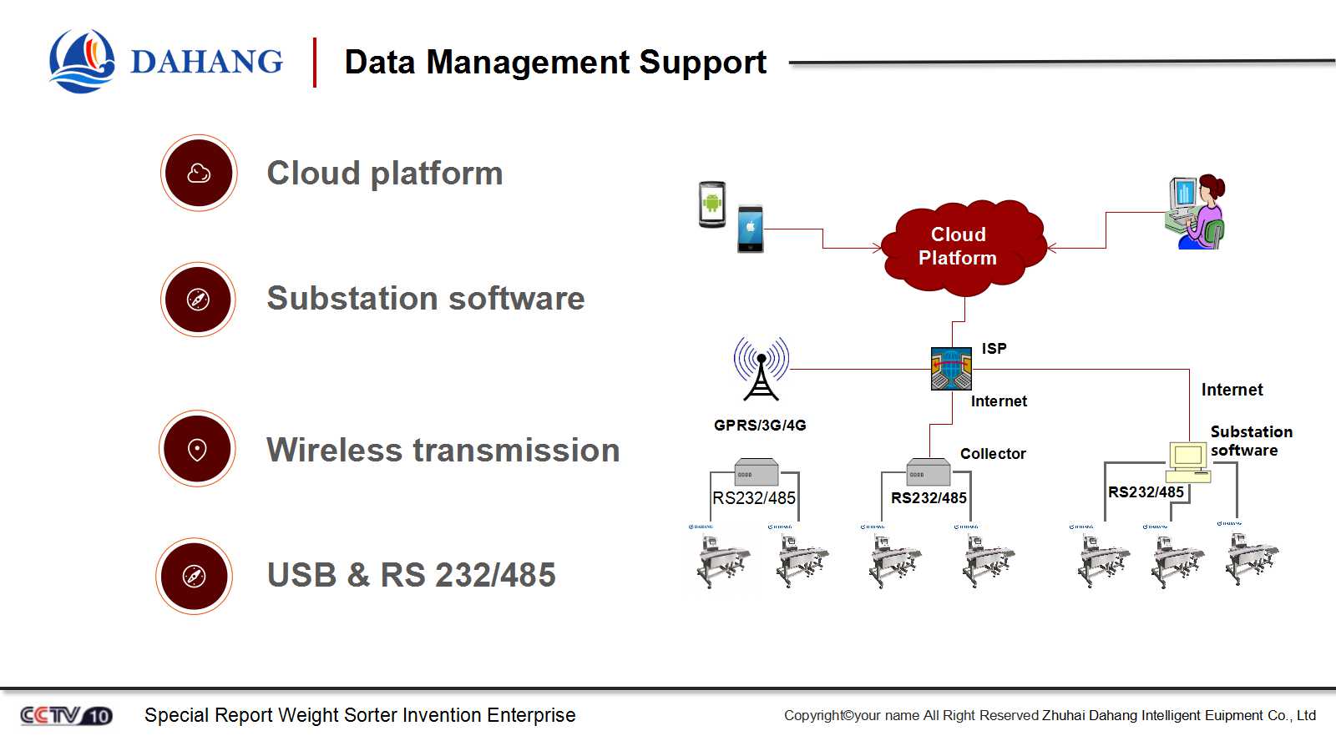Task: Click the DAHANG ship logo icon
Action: coord(82,61)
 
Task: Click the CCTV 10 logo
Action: coord(66,715)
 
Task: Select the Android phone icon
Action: coord(712,204)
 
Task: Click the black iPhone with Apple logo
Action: coord(750,228)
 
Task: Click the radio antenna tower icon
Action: coord(761,369)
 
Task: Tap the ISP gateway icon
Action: coord(951,369)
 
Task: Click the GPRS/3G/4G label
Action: coord(760,425)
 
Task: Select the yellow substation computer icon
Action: coord(1187,461)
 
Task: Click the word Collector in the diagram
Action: coord(993,454)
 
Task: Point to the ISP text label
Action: coord(994,349)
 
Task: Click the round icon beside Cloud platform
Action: coord(199,174)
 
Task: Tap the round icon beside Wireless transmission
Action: coord(197,449)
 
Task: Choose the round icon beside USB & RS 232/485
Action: coord(195,576)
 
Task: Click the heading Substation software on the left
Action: coord(425,299)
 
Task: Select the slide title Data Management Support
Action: coord(555,63)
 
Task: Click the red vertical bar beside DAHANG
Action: coord(315,63)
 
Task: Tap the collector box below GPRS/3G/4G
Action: coord(756,472)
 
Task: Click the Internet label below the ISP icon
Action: coord(999,401)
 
